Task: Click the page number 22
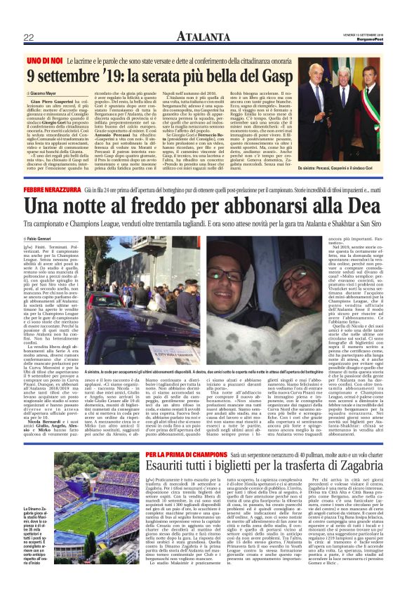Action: click(29, 37)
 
